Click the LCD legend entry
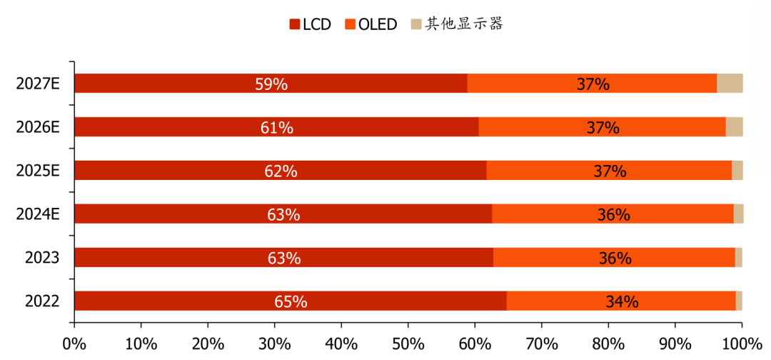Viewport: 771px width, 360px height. (311, 24)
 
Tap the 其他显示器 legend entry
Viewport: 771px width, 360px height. (458, 24)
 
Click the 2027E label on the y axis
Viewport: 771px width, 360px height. (38, 84)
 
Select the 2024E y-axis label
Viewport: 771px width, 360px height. (38, 214)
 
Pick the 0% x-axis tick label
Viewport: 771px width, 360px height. (74, 343)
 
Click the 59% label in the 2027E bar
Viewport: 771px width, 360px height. (271, 84)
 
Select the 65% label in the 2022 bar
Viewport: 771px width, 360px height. (291, 301)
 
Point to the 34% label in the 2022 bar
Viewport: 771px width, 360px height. (621, 301)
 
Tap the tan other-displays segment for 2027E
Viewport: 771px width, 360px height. (730, 83)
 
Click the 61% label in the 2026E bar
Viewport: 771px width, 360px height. (277, 127)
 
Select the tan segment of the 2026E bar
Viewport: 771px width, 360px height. (734, 126)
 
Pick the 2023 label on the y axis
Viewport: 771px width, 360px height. (42, 257)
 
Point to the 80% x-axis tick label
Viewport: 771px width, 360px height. (608, 343)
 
